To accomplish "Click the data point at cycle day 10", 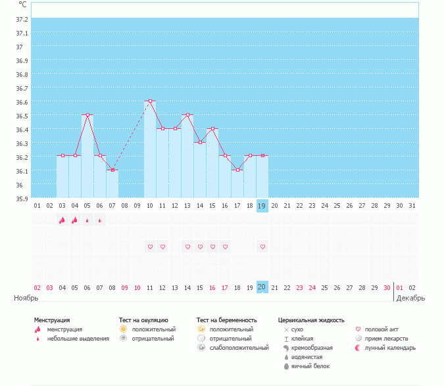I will point(150,101).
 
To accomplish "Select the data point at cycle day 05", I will point(87,115).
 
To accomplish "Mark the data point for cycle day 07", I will point(112,170).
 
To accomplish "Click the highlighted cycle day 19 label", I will point(262,206).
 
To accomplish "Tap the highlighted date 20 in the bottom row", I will point(262,287).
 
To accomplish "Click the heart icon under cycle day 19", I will point(262,247).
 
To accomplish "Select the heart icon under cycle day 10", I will point(150,247).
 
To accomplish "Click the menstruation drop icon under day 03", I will point(62,220).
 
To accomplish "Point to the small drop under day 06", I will point(100,220).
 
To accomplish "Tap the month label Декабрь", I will point(410,298).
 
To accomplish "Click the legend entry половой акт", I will point(382,329).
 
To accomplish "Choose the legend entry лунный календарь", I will point(391,348).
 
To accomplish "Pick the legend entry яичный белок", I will point(314,366).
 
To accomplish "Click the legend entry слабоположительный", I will point(238,348).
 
